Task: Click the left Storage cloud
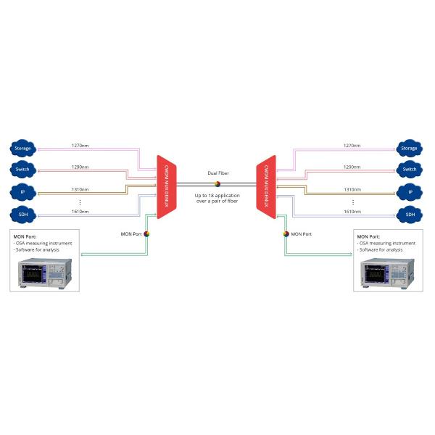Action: tap(22, 148)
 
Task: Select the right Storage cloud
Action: tap(410, 148)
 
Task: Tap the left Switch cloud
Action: tap(22, 170)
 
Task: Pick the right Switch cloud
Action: tap(410, 170)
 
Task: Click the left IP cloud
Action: tap(22, 192)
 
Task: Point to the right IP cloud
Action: tap(410, 192)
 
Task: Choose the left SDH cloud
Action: tap(22, 215)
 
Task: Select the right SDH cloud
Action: tap(410, 215)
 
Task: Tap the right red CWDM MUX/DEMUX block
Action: tap(266, 186)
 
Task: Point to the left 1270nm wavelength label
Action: tap(80, 145)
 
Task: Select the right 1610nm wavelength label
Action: tap(352, 212)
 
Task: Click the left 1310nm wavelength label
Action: tap(80, 189)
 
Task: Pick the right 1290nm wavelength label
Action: tap(352, 167)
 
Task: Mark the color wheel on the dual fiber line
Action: tap(216, 184)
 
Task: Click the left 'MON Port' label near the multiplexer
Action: tap(131, 234)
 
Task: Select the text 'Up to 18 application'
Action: tap(216, 195)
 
